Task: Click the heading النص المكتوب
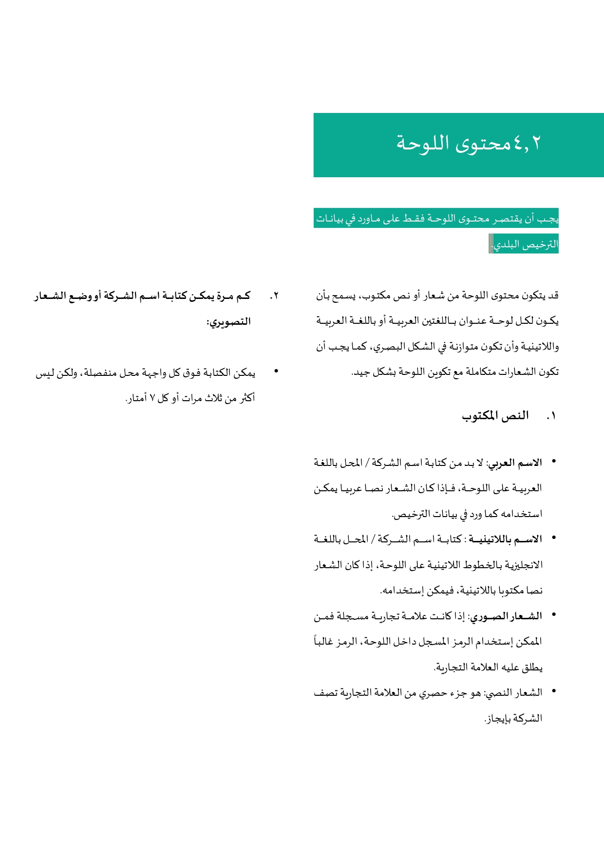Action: click(x=495, y=416)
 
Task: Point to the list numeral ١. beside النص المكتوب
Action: click(x=551, y=416)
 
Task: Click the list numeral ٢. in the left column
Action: click(x=274, y=296)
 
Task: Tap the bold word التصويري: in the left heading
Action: click(x=228, y=322)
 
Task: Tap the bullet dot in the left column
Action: click(x=276, y=371)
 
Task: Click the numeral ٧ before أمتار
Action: click(x=152, y=399)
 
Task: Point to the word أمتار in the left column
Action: click(x=136, y=399)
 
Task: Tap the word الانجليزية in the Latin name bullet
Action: click(x=524, y=565)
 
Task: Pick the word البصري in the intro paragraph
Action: click(x=388, y=347)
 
